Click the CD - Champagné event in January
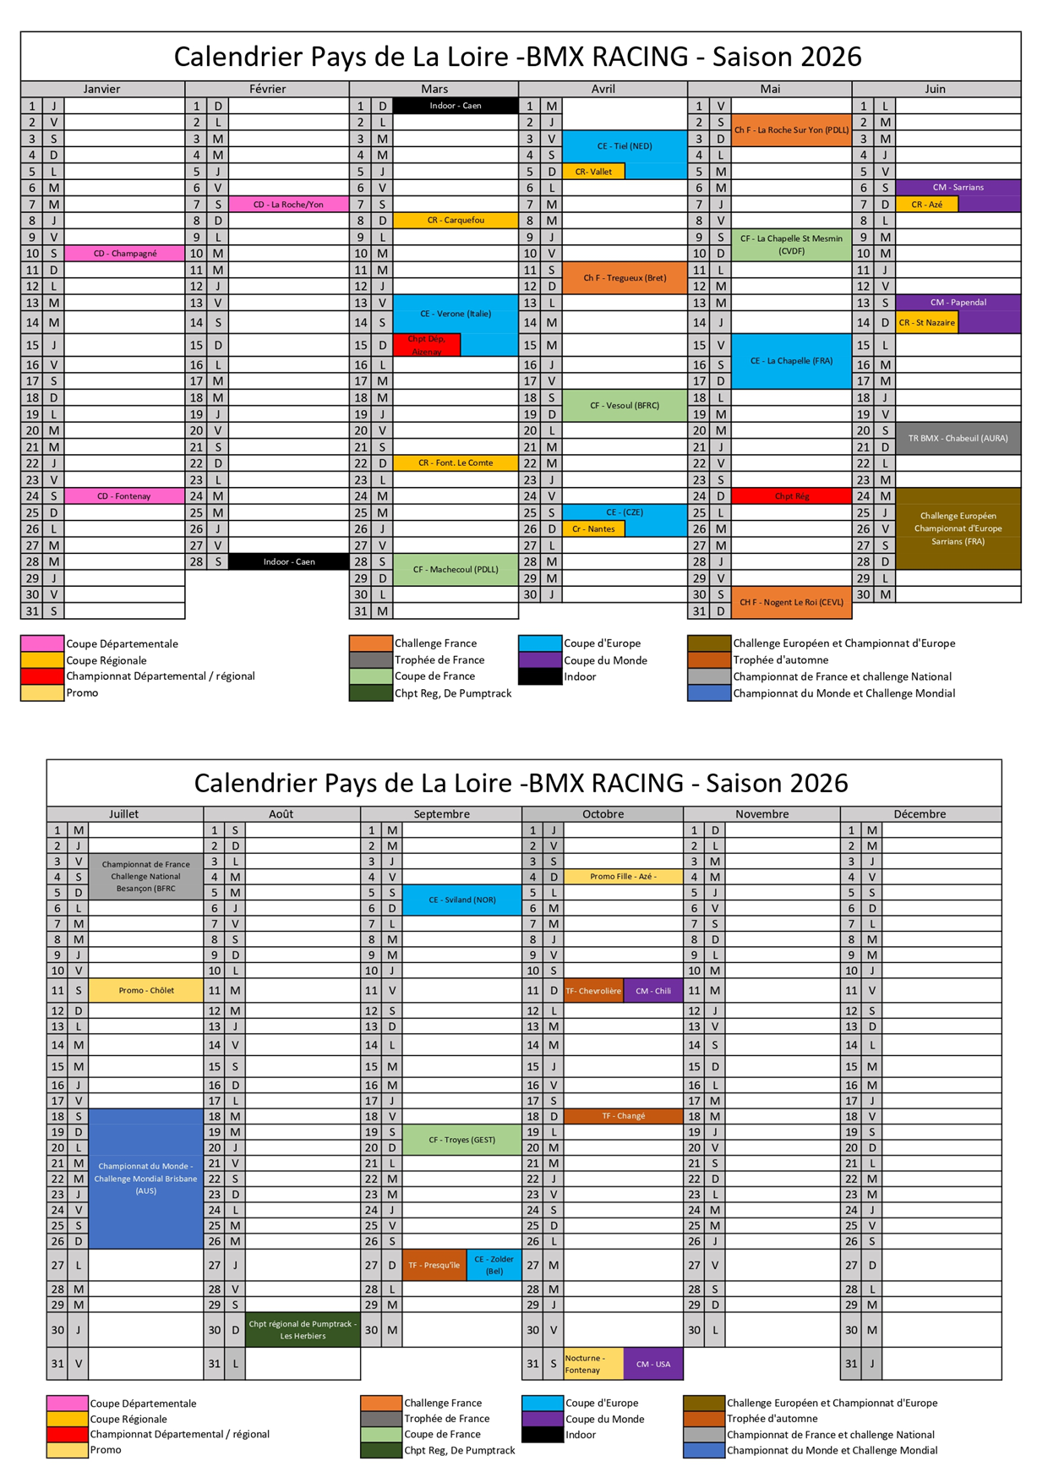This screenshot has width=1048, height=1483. tap(124, 253)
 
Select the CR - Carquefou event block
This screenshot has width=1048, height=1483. tap(455, 220)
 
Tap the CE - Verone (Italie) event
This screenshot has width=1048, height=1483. tap(455, 313)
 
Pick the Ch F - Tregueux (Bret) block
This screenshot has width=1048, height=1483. tap(624, 277)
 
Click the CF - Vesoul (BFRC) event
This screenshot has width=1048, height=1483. tap(624, 405)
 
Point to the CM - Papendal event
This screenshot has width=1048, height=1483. tap(958, 302)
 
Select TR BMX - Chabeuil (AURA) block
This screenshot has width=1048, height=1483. tap(958, 438)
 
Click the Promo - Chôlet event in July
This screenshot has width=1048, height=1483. tap(146, 990)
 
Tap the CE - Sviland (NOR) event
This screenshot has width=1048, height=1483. tap(461, 900)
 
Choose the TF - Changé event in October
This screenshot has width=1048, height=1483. tap(623, 1116)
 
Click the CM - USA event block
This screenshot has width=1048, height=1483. tap(652, 1364)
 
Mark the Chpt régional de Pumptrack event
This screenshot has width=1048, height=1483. tap(303, 1330)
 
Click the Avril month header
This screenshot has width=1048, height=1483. tap(603, 89)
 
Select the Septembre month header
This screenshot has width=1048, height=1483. tap(441, 814)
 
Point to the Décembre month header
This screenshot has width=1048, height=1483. tap(920, 814)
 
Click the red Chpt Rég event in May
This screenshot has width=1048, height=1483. tap(791, 496)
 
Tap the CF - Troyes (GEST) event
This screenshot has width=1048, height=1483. tap(461, 1140)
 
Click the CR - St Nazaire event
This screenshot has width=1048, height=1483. tap(926, 322)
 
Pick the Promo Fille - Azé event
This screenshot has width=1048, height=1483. tap(623, 876)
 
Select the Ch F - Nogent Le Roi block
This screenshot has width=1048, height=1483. tap(791, 602)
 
